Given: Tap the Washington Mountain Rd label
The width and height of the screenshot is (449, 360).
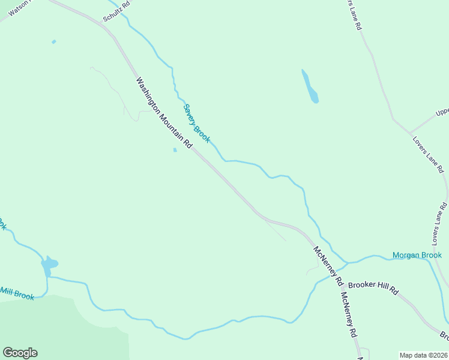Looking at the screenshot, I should [x=163, y=113].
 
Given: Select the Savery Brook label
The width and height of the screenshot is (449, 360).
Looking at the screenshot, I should [x=196, y=123].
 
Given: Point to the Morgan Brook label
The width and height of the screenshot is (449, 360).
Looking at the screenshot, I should [x=417, y=255].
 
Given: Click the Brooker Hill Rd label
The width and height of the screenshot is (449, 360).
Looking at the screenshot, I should [x=373, y=288].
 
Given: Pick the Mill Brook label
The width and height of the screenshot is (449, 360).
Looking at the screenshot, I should [x=17, y=293].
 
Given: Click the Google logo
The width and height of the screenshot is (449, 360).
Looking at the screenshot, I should [x=20, y=353].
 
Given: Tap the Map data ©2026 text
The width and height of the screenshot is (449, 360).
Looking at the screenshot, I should [x=423, y=355].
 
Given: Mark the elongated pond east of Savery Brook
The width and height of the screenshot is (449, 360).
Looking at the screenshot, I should [x=310, y=87].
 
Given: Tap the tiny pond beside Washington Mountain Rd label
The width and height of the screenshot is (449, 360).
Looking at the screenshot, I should [x=175, y=150].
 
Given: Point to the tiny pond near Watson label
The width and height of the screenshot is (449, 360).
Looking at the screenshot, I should [x=54, y=41].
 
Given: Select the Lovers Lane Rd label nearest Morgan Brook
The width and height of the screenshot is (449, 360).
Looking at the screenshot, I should [x=439, y=225].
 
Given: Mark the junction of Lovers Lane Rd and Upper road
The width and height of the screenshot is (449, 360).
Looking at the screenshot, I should [x=409, y=131].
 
